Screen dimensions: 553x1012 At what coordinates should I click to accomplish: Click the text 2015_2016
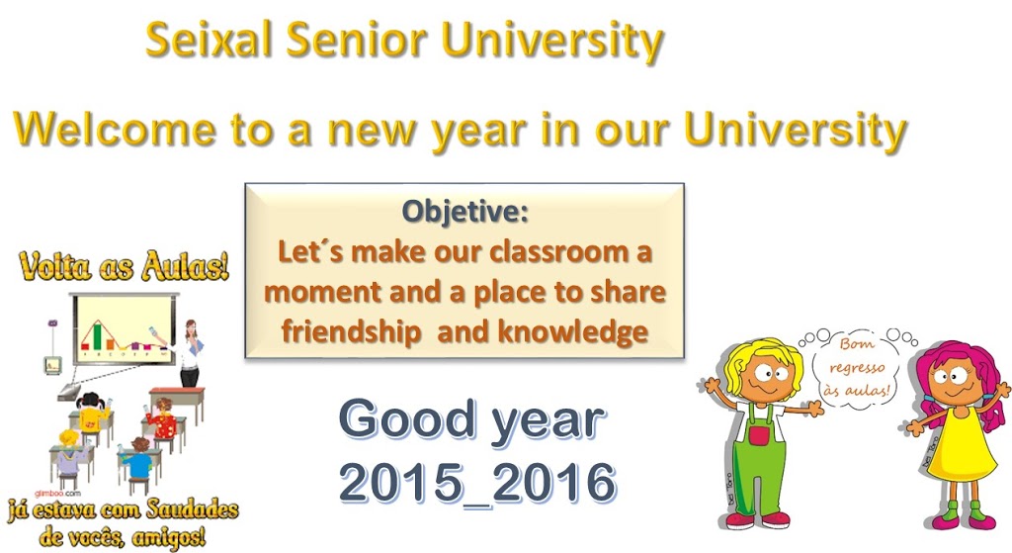point(477,484)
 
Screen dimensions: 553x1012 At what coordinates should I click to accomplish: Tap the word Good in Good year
point(400,420)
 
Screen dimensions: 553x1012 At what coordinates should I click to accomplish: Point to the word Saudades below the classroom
point(187,510)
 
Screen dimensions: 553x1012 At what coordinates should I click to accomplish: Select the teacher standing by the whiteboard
point(189,351)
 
